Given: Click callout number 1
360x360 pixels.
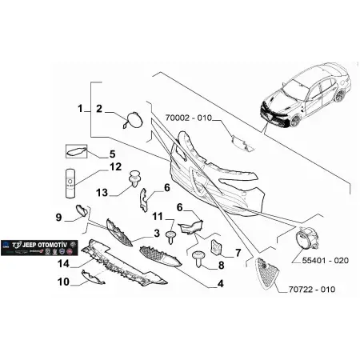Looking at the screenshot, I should coord(81,107).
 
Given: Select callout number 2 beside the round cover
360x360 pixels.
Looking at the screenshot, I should coord(99,108).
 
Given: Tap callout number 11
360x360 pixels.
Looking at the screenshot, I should coord(158,217).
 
